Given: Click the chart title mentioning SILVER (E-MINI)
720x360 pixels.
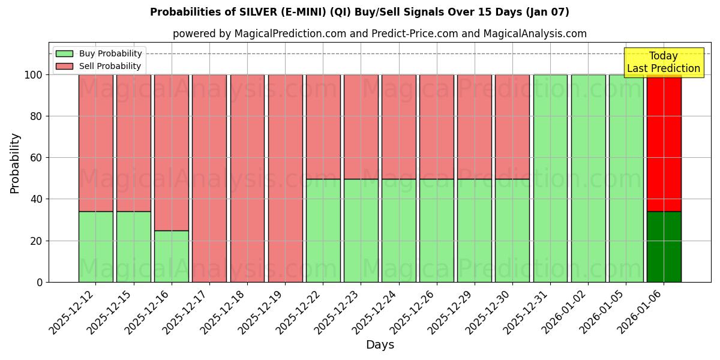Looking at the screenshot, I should point(359,12).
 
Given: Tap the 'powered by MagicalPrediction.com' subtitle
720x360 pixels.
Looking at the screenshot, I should point(379,34).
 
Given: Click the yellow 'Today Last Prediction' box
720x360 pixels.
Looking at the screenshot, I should point(663,62).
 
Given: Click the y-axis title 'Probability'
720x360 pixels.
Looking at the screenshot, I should point(15,163).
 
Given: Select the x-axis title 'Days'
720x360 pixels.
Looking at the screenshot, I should point(380,345).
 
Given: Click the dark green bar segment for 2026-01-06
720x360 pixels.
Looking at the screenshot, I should point(664,247).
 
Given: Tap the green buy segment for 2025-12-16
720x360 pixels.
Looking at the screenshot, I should point(172,256).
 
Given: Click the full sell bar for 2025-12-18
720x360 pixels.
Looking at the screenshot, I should point(247,178).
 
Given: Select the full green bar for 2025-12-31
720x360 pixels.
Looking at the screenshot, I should point(550,178).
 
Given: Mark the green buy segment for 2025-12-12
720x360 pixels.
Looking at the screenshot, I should point(95,247).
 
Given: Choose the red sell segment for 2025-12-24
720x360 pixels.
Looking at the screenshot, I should point(398,127).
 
